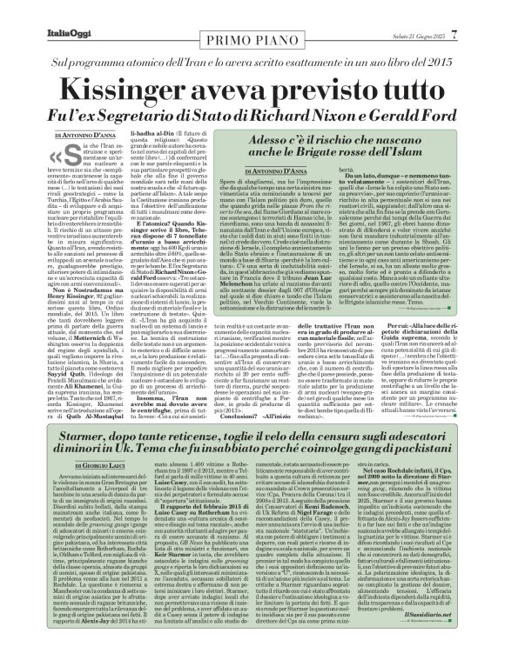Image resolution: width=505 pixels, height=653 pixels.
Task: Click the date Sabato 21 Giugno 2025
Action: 432,10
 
